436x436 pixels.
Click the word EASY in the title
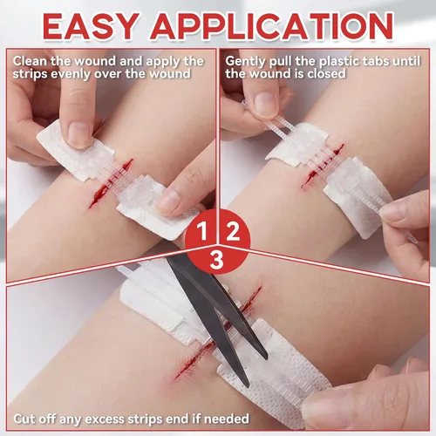[90, 26]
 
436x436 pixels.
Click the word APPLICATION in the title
[271, 26]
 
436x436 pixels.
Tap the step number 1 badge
[201, 231]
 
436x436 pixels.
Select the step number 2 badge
[233, 231]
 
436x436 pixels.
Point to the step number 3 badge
[217, 260]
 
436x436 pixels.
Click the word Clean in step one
[30, 61]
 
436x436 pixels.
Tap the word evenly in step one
[72, 74]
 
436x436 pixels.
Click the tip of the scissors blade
[246, 385]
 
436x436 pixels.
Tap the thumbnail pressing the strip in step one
[78, 135]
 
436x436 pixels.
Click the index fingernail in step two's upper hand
[265, 105]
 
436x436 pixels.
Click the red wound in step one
[111, 184]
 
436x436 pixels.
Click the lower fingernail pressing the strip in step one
[168, 201]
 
